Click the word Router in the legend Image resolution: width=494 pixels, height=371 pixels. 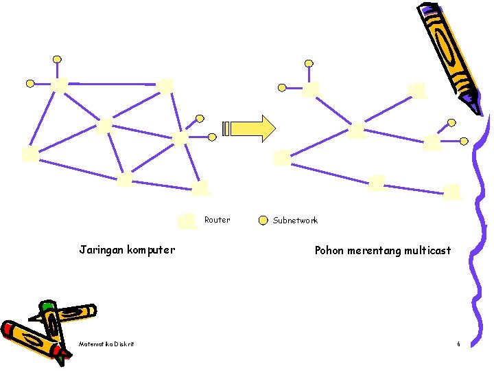217,220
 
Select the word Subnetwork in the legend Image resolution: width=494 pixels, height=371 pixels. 295,221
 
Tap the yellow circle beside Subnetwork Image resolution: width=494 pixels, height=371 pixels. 263,221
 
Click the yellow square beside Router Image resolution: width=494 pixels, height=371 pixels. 187,221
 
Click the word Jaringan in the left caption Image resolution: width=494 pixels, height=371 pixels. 102,250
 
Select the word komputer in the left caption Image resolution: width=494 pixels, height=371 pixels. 151,250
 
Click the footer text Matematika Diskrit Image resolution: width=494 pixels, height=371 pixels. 106,344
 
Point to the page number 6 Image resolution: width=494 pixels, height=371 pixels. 458,344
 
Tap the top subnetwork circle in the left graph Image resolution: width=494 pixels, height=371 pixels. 58,59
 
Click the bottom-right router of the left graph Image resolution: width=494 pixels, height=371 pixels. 200,187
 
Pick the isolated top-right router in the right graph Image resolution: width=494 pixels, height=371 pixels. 416,91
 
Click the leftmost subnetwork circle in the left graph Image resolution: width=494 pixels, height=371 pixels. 30,83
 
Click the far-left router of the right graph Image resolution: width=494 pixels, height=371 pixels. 281,158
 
